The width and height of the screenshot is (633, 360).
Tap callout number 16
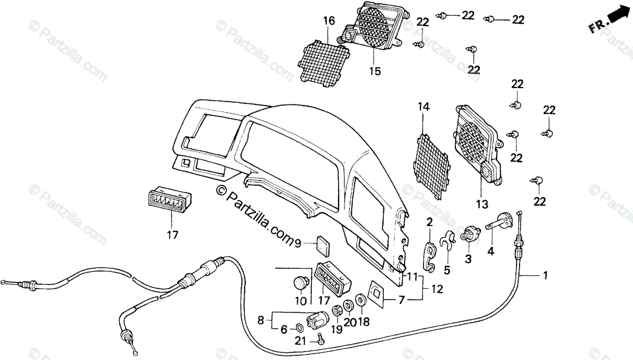tap(329, 21)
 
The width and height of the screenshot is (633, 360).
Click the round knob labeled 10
tap(301, 284)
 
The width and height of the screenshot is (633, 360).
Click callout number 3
tap(468, 259)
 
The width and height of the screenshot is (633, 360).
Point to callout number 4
tap(491, 251)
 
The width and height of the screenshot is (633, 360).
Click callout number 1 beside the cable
tap(545, 275)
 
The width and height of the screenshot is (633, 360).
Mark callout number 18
tap(363, 322)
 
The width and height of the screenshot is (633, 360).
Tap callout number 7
tap(402, 300)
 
